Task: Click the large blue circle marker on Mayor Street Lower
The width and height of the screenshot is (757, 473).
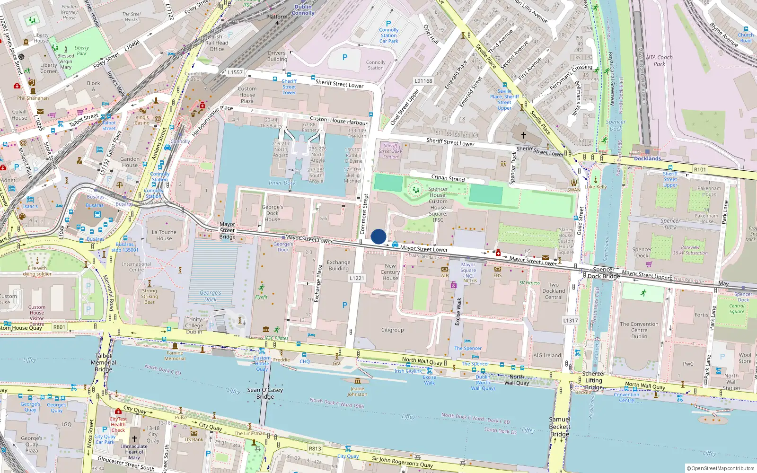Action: point(378,236)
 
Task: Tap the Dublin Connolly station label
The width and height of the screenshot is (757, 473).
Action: point(303,10)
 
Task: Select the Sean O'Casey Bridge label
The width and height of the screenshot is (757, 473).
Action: point(265,393)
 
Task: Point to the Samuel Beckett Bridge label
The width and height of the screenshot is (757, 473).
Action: point(559,427)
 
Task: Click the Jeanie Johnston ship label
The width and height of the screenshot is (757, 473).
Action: point(357,391)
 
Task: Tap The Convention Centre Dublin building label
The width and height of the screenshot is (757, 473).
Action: point(639,330)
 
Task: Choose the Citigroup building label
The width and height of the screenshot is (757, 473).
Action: point(393,330)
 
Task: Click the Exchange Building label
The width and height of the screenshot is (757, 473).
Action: point(339,265)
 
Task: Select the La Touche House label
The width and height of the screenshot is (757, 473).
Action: point(164,235)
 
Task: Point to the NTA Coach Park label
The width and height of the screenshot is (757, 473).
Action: point(660,61)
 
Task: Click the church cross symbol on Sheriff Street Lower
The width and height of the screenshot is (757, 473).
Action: point(524,135)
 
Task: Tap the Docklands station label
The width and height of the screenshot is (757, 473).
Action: point(647,158)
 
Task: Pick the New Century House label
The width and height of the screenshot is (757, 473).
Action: point(390,272)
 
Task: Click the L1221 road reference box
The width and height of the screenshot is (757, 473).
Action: point(357,278)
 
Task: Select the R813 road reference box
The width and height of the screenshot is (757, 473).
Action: point(315,449)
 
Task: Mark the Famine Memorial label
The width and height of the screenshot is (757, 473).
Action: point(175,356)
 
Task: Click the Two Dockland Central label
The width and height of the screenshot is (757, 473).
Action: point(554,291)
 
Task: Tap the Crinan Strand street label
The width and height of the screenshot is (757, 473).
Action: point(448,178)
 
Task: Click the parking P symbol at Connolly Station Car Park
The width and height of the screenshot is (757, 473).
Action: point(388,24)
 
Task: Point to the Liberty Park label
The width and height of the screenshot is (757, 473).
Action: point(81,51)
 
